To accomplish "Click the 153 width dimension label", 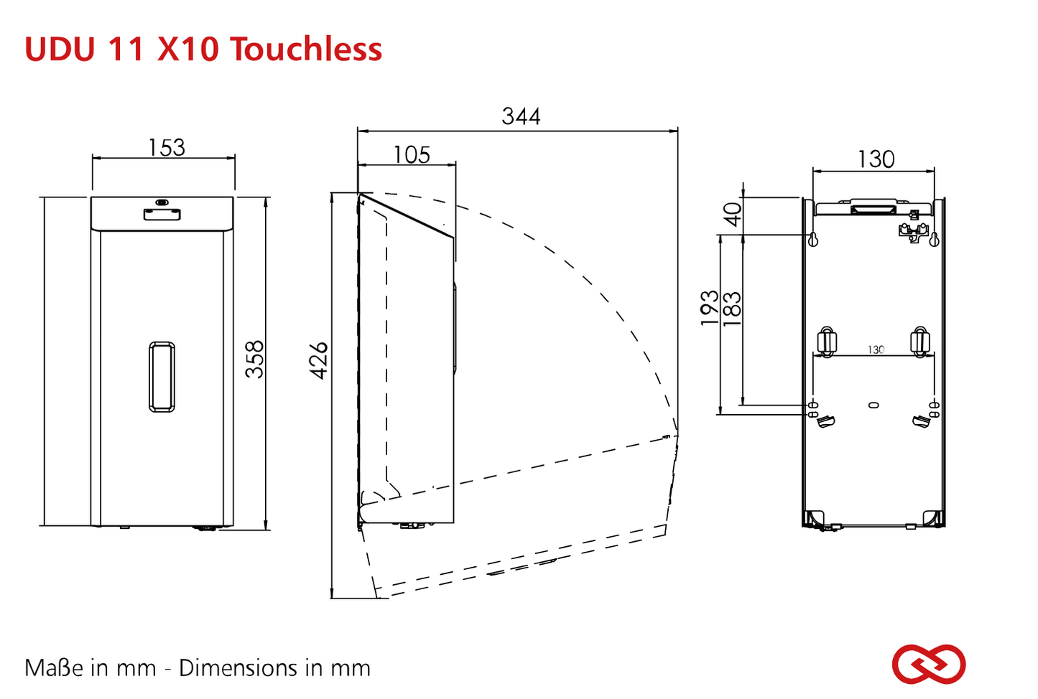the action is pos(167,148).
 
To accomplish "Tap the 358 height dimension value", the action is pos(254,360).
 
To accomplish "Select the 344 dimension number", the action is pos(521,116).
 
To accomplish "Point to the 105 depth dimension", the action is pos(412,154).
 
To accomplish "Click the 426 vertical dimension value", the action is pos(319,360).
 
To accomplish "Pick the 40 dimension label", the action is pos(733,215).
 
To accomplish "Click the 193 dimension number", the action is pos(710,308).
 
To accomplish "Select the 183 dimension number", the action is pos(732,309).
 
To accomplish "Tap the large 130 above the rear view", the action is pos(876,159).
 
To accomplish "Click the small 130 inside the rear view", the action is pos(876,349).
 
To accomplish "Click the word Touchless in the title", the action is pos(306,49).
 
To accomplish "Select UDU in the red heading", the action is pos(60,49).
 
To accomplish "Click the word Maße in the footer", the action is pos(55,668).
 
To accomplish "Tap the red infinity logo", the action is pos(929,665).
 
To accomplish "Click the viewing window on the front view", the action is pos(162,377).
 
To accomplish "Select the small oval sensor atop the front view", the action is pos(162,202).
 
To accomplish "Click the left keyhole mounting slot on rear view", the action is pos(812,239).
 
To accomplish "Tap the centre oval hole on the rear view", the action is pos(874,405).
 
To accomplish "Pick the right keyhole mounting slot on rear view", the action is pos(934,239).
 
